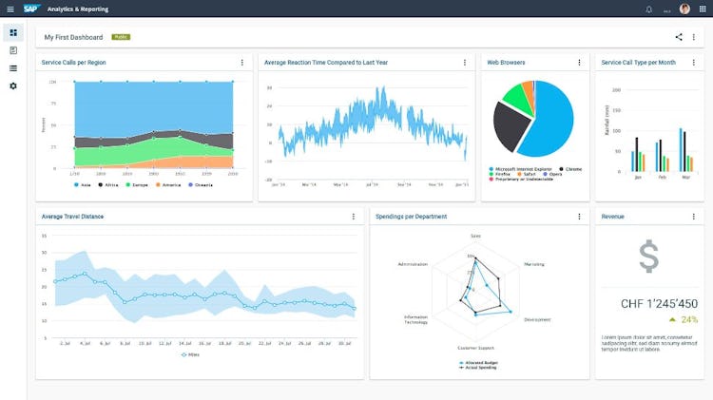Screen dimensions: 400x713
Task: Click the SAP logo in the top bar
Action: coord(30,9)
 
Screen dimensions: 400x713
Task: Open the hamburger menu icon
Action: coord(10,9)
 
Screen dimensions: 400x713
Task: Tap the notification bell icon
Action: coord(649,9)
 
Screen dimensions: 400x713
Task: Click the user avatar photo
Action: coord(684,9)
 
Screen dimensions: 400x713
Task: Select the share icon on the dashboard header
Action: coord(679,37)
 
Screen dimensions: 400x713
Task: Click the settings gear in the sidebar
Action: coord(13,86)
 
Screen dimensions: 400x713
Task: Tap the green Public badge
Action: coord(121,37)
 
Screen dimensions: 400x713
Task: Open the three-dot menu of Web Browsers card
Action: coord(579,63)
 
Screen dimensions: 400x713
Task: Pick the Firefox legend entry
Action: coord(502,174)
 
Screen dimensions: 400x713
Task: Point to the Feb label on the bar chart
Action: coord(661,178)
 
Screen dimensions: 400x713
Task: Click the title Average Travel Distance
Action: coord(73,217)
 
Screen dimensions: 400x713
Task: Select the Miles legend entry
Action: coord(193,353)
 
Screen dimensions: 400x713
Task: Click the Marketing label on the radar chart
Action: coord(534,264)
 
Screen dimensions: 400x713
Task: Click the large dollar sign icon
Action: coord(648,257)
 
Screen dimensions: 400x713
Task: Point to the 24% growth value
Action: coord(688,319)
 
